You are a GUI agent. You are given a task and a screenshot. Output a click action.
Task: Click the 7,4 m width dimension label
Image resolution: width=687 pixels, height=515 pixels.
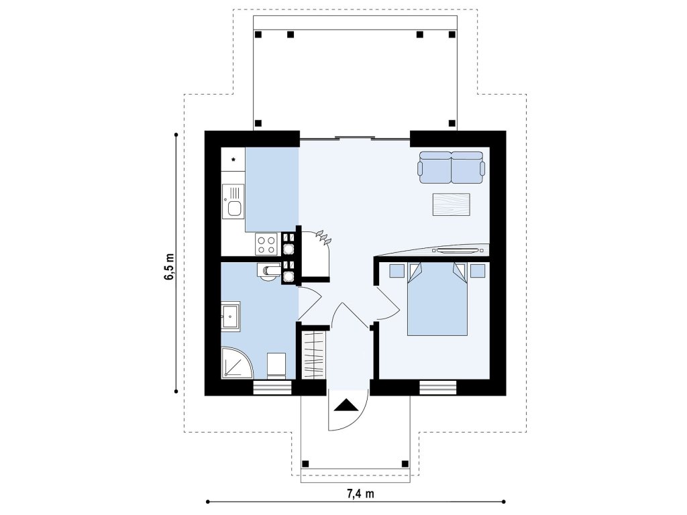click(x=360, y=494)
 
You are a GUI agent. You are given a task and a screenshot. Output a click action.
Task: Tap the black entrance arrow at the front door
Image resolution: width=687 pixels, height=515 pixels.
click(x=347, y=404)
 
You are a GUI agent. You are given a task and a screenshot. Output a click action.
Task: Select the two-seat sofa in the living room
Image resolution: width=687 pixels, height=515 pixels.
click(x=452, y=167)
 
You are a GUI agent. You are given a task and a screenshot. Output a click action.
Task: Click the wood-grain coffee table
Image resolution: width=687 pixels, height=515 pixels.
click(x=452, y=205)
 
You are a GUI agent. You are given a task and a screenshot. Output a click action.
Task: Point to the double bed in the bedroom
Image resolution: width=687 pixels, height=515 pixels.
click(x=437, y=299)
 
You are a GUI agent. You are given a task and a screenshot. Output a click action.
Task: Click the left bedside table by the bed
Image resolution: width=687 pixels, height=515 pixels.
click(x=397, y=271)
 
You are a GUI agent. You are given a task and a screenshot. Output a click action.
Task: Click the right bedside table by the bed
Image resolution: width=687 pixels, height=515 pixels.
click(x=478, y=271)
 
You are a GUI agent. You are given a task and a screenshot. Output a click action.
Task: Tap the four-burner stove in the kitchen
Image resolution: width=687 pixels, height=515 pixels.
click(x=266, y=244)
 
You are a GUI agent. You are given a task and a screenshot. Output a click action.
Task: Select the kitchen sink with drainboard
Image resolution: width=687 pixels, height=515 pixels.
click(x=233, y=201)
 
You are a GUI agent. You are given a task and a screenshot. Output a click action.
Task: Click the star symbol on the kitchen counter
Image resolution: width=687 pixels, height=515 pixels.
click(x=233, y=160)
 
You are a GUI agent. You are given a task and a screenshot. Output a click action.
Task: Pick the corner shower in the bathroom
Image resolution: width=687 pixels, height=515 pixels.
click(x=237, y=363)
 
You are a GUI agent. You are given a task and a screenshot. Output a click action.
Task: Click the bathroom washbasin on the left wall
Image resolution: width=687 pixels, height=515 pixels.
click(x=231, y=315)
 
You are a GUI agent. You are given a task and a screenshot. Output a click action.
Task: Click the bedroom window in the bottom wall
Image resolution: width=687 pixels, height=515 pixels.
click(x=437, y=388)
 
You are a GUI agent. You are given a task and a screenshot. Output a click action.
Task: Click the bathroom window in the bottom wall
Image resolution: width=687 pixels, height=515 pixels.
click(x=272, y=388)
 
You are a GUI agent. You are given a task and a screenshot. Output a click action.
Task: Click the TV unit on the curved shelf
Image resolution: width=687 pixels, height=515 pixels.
click(x=456, y=251)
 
